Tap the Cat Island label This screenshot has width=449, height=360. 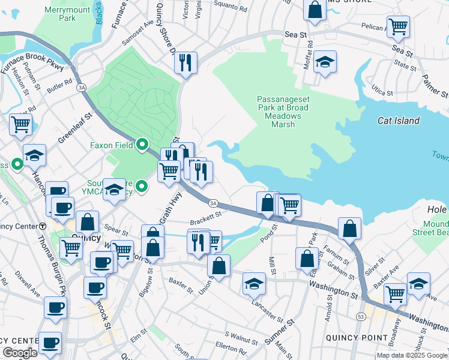point(398,121)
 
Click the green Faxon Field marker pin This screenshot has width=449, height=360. point(142,145)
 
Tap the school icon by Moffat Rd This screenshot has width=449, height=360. point(325,62)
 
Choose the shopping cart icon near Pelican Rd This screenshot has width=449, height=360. point(398,27)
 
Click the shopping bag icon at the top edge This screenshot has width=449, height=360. point(315,9)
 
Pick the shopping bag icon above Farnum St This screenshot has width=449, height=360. point(349,228)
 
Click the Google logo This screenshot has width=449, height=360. point(20,353)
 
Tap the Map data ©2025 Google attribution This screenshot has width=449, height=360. point(412,355)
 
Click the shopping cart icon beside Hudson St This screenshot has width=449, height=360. point(20,125)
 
